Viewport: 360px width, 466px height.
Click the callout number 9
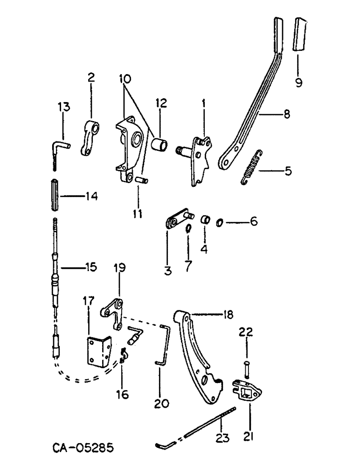coord(298,82)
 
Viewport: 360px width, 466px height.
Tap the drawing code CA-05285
coord(83,448)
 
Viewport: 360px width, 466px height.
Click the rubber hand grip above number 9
coord(298,34)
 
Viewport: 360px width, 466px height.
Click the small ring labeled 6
coord(220,223)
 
